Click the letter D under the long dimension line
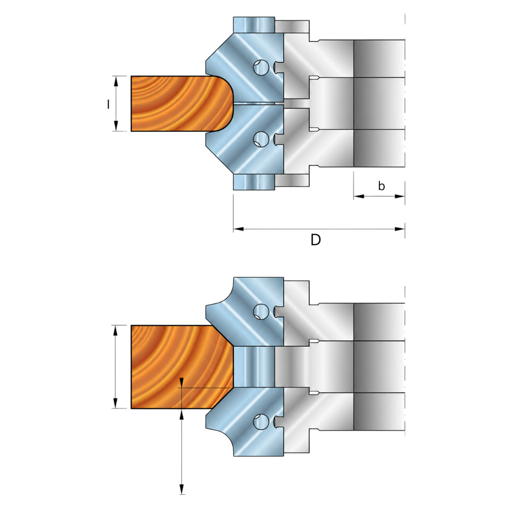pos(315,240)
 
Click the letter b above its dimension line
pos(382,186)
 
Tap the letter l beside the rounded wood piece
pos(108,105)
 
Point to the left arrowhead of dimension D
pos(238,229)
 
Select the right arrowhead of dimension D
pos(400,229)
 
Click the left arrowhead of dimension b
pos(358,196)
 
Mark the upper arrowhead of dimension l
pos(116,81)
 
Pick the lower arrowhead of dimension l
pos(116,126)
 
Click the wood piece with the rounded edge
pos(182,104)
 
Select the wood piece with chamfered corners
pos(182,367)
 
